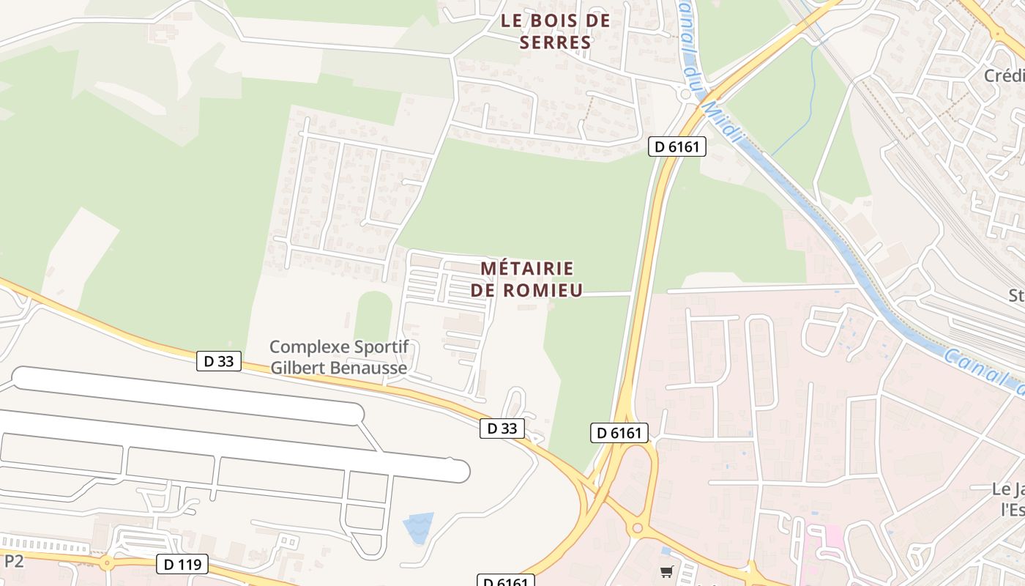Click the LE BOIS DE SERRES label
[555, 31]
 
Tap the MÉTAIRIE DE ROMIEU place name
[526, 279]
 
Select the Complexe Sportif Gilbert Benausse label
[338, 357]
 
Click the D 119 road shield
[182, 564]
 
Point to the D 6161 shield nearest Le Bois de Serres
[677, 146]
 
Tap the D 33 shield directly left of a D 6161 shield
[502, 429]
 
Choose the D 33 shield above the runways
[219, 360]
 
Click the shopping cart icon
[666, 571]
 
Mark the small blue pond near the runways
[418, 527]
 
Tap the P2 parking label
[14, 562]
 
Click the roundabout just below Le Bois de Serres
[686, 94]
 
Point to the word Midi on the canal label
[721, 120]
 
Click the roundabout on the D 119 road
[107, 564]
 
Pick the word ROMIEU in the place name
[543, 290]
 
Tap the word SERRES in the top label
[555, 42]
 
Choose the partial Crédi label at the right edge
[1004, 76]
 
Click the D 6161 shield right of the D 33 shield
[619, 433]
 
